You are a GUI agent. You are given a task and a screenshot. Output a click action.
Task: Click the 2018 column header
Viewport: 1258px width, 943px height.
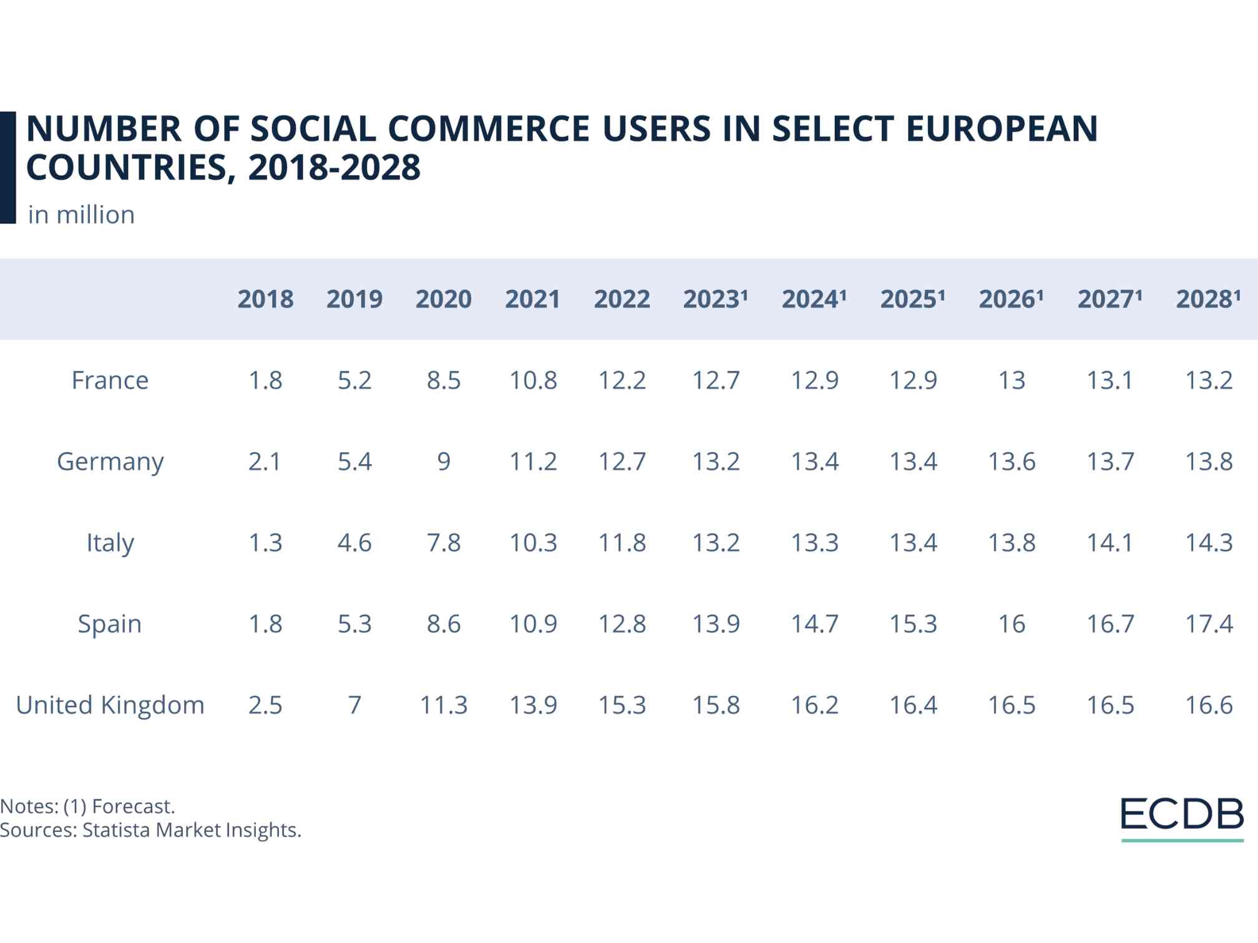point(265,299)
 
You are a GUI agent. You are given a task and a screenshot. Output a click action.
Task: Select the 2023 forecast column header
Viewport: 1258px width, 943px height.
point(715,299)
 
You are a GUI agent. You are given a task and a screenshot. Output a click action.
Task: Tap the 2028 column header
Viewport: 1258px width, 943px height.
point(1208,299)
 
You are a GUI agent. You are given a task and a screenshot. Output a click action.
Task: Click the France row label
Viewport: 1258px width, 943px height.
point(110,380)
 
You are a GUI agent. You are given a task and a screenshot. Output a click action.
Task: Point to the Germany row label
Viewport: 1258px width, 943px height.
point(110,462)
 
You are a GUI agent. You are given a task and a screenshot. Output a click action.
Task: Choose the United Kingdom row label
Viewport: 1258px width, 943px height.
point(110,705)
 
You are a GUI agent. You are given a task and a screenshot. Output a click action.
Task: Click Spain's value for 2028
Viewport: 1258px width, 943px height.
point(1209,624)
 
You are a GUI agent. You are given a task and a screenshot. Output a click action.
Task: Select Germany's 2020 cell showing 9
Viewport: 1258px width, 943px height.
point(444,462)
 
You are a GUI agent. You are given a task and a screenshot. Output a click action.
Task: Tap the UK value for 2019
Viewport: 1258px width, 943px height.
point(354,705)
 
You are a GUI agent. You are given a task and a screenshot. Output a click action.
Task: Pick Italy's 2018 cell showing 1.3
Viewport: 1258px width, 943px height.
point(265,543)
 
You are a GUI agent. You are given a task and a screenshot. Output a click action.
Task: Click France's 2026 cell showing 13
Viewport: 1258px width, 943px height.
point(1012,380)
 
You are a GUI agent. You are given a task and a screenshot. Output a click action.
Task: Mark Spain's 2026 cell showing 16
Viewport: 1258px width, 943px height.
point(1012,624)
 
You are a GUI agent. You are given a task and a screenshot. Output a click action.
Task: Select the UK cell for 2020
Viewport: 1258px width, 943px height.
point(444,705)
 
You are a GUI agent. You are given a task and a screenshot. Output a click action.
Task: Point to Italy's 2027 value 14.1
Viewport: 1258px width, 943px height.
point(1110,543)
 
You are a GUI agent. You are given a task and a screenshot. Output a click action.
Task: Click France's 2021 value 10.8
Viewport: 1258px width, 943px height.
point(533,380)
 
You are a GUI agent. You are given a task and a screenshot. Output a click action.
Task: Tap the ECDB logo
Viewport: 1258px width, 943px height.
point(1182,816)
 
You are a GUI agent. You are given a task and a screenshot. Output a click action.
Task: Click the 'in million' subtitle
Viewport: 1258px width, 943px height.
point(81,215)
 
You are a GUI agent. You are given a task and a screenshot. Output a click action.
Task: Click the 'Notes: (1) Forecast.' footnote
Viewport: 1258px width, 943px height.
point(87,806)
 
